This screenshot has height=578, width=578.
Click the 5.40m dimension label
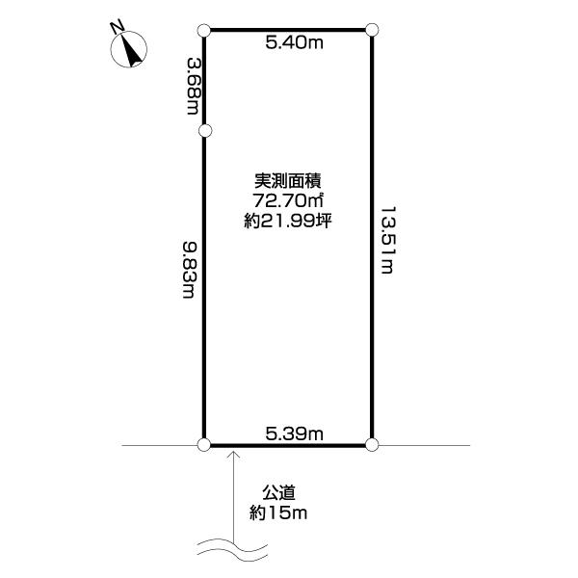coord(294,43)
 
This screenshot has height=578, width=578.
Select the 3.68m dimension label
coord(194,86)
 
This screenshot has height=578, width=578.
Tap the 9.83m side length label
coord(191,270)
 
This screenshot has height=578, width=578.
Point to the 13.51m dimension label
coord(387,240)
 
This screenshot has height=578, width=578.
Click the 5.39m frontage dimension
coord(294,433)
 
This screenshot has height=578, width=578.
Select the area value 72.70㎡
coord(288,200)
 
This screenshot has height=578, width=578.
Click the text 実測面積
coord(288,181)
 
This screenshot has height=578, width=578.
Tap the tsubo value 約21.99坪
coord(288,221)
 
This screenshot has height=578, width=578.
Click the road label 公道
coord(278,492)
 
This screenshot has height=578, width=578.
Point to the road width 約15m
coord(278,512)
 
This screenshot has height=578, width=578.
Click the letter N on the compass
coord(118,27)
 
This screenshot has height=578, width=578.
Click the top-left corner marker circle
coord(204,31)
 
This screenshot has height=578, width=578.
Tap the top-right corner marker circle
coord(372,30)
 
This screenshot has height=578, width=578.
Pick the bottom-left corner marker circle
coord(204,444)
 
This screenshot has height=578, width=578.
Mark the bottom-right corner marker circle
coord(372,444)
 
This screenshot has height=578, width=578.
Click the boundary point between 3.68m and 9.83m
coord(205,130)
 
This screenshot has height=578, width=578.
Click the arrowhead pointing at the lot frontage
coord(233,454)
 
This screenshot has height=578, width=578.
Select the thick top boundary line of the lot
coord(288,30)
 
